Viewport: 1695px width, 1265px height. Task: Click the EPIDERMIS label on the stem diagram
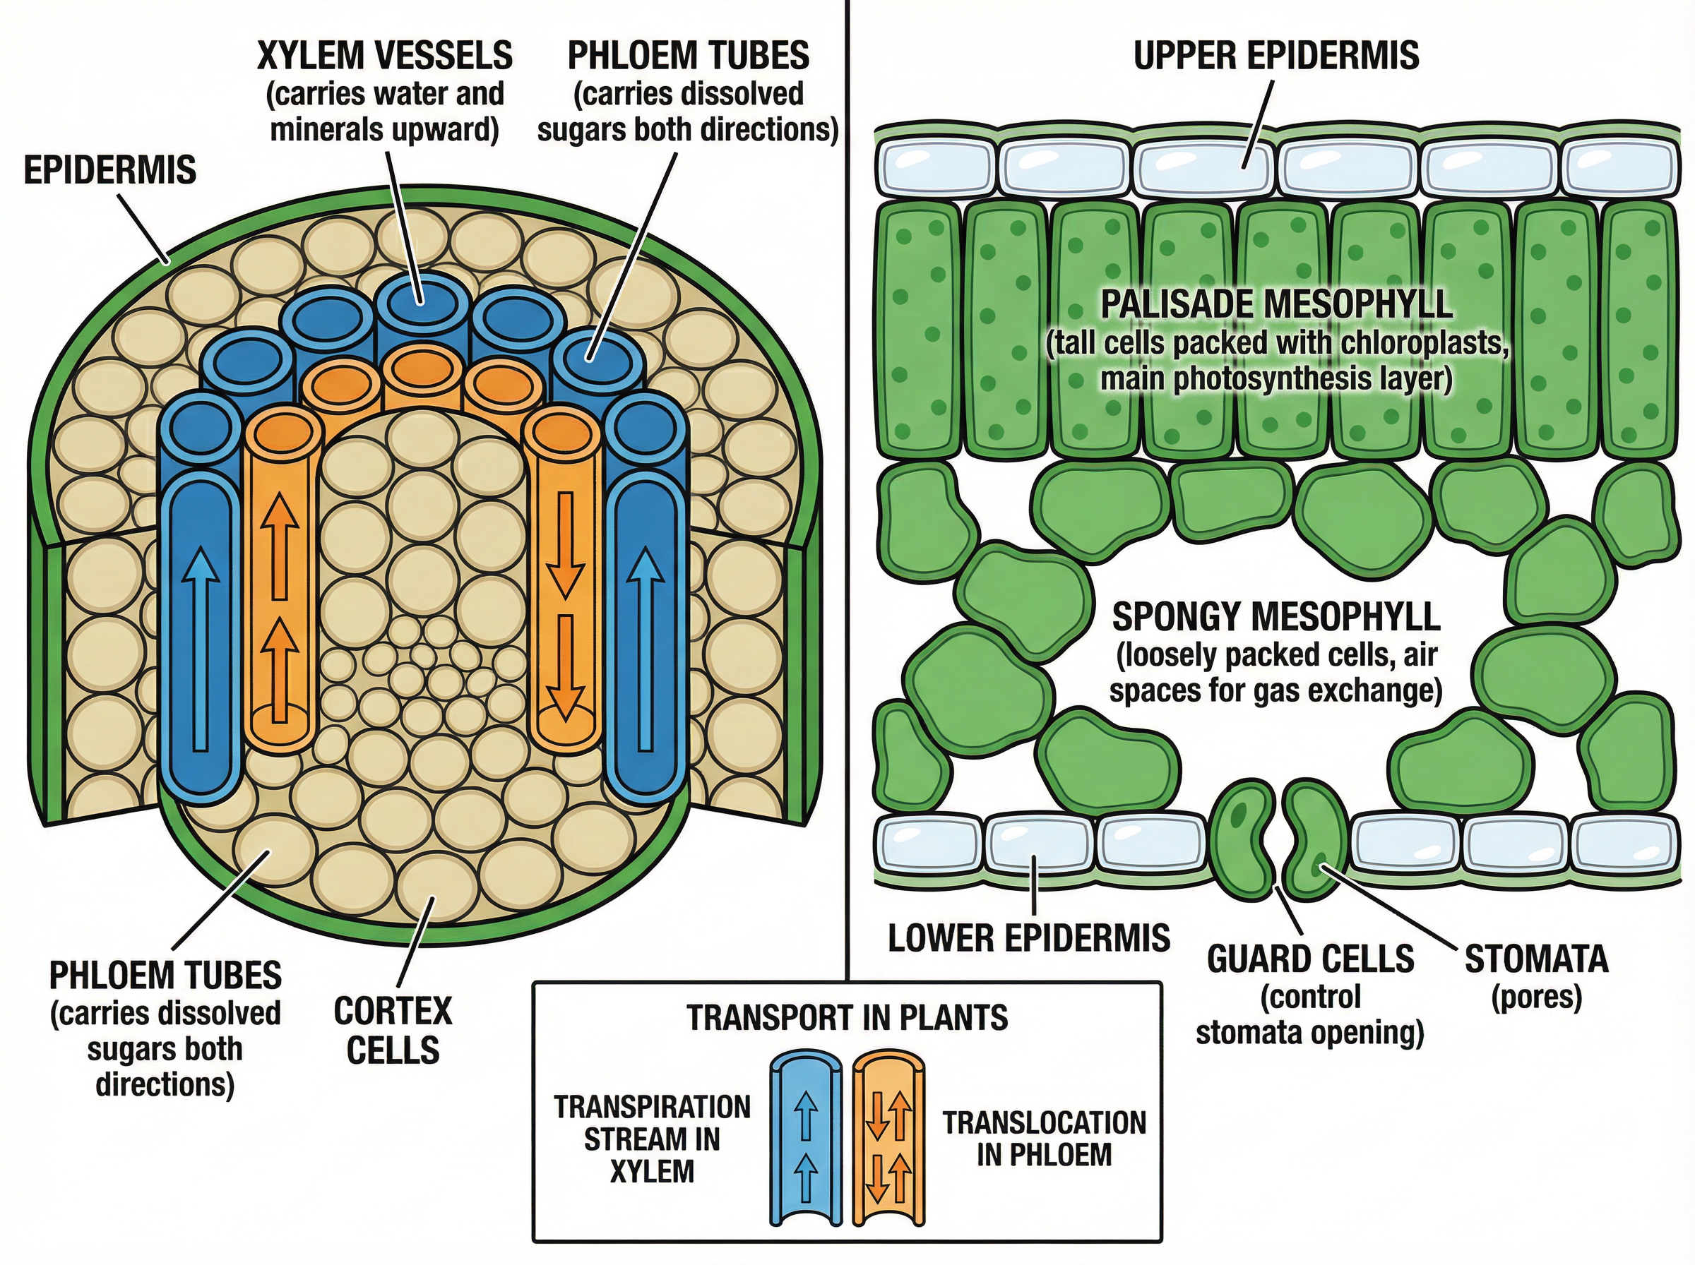pos(109,169)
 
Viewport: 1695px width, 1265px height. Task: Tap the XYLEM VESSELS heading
pos(384,56)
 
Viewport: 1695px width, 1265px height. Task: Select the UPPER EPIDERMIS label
pos(1276,56)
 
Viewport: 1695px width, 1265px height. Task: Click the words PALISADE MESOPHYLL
pos(1276,304)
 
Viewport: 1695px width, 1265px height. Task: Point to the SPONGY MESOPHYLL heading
pos(1276,616)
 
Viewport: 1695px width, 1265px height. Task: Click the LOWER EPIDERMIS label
pos(1028,938)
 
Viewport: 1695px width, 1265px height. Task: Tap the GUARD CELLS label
pos(1309,959)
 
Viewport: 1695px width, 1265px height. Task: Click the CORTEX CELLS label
pos(393,1030)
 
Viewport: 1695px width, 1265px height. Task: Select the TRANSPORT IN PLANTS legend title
pos(847,1019)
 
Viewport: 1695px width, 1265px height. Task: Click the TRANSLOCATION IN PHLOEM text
pos(1044,1139)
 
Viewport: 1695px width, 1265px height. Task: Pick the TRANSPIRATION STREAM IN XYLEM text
pos(652,1139)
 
